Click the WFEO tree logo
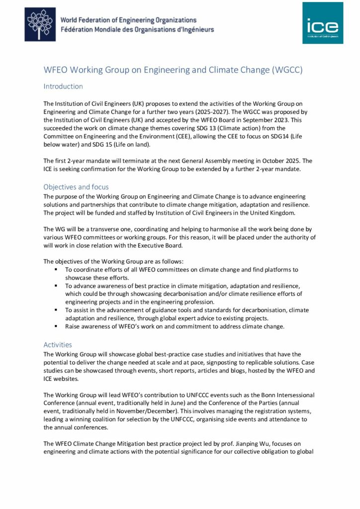40,24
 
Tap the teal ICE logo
323,23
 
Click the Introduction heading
63,86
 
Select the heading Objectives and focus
76,187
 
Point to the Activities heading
58,344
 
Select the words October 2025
279,161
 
